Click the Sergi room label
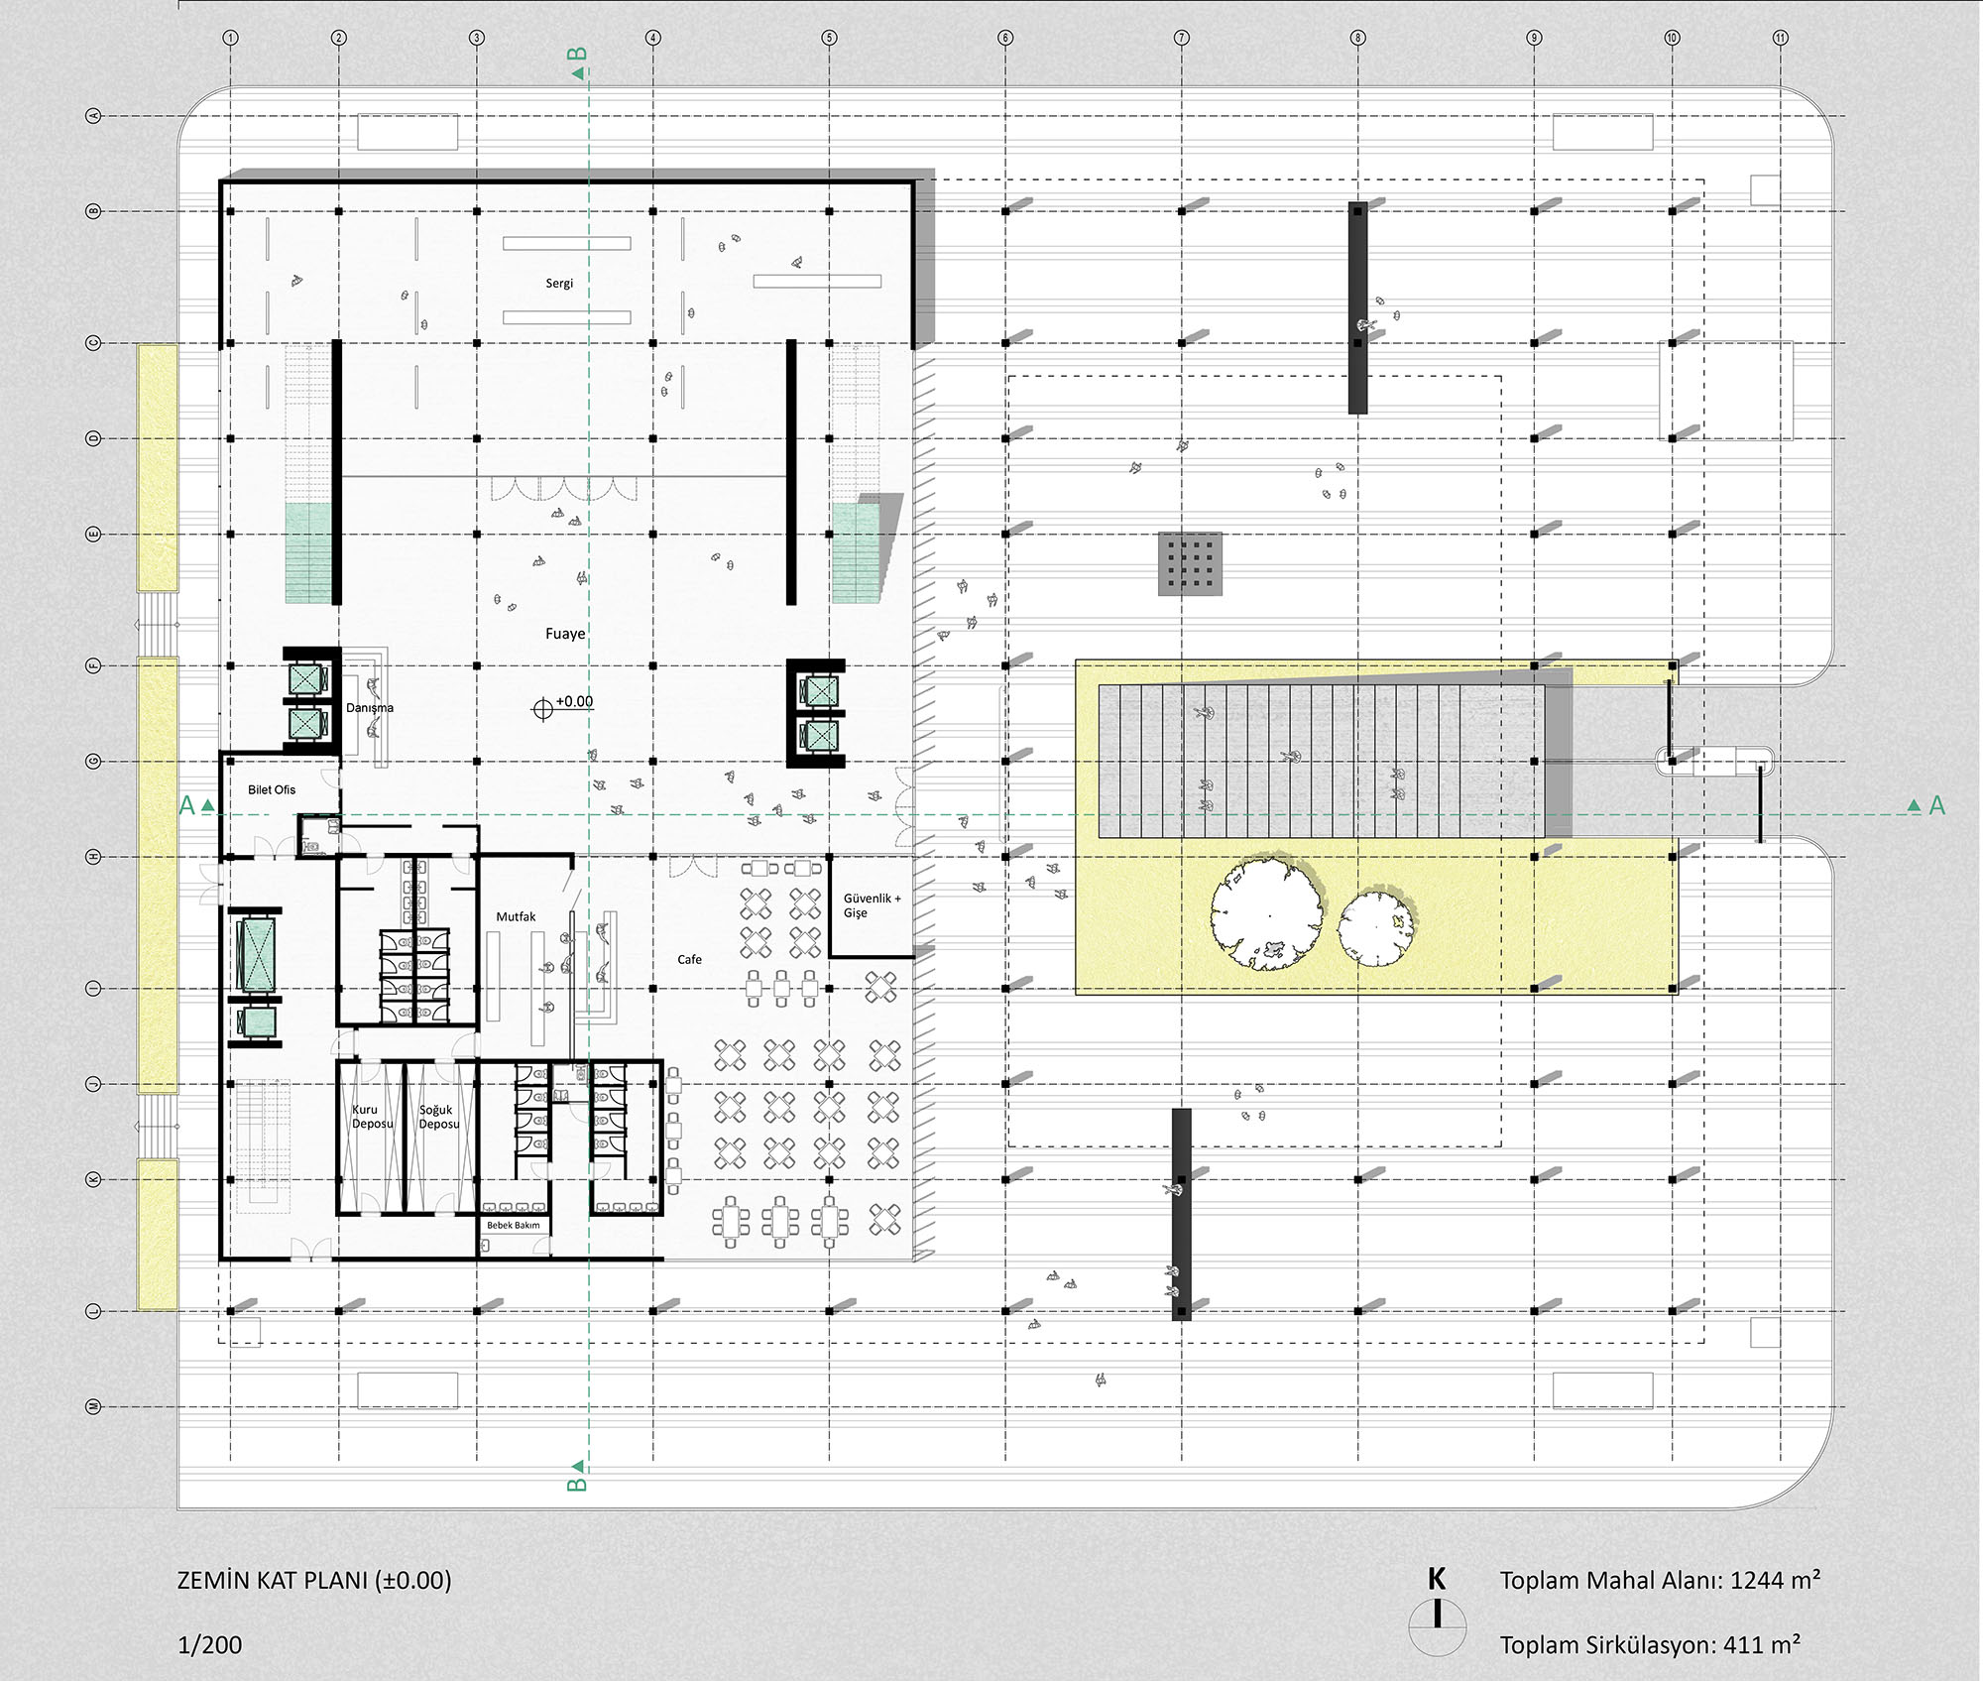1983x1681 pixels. click(559, 284)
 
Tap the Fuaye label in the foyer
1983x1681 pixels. click(565, 634)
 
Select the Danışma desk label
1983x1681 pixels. click(370, 708)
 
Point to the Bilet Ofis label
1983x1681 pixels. click(272, 789)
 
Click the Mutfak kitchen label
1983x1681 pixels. click(516, 917)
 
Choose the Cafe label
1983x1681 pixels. click(689, 960)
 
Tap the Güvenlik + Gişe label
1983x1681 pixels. click(873, 905)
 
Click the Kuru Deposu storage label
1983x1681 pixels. click(372, 1117)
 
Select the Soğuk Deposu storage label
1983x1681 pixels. click(438, 1117)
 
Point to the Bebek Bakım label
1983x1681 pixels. click(514, 1226)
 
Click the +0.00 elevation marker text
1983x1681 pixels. click(574, 701)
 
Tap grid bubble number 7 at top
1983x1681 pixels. click(1181, 38)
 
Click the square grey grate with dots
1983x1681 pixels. click(1190, 564)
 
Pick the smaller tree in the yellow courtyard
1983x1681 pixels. click(1376, 928)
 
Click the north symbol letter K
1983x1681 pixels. click(1437, 1579)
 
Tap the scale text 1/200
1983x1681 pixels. click(209, 1645)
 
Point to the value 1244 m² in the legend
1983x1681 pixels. click(1775, 1580)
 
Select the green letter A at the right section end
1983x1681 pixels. click(1936, 806)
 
